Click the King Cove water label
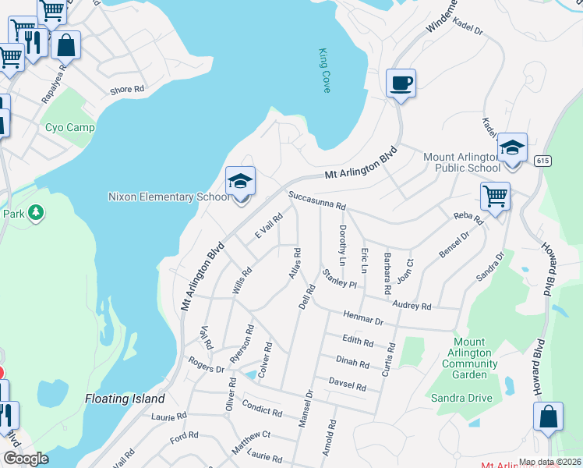(324, 71)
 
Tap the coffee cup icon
(401, 83)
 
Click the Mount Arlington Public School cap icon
(512, 147)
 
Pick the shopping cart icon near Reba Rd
(495, 197)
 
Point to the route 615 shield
(543, 161)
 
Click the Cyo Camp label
(69, 128)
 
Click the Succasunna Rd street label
(316, 201)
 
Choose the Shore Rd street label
(128, 90)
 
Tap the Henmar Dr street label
(363, 317)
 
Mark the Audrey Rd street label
(412, 306)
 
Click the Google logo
(26, 459)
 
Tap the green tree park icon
(34, 213)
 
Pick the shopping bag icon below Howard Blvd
(548, 417)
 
